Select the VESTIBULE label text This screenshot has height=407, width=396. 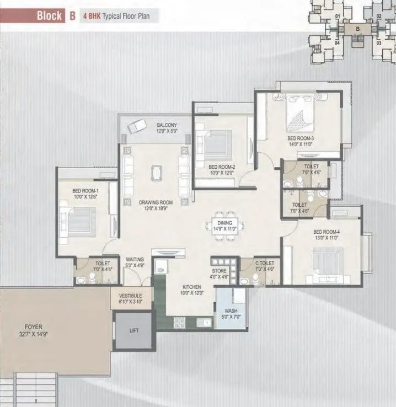coord(130,296)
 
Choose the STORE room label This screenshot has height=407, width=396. coord(220,271)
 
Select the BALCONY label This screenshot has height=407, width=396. coord(166,125)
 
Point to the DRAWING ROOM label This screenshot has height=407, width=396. coord(156,202)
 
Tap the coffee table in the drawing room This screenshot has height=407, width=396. coord(158,173)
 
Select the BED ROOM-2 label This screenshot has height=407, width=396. coord(222,167)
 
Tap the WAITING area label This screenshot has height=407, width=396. coord(135,259)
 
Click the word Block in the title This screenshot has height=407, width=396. coord(49,15)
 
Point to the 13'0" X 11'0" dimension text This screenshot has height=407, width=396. coord(325,239)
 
